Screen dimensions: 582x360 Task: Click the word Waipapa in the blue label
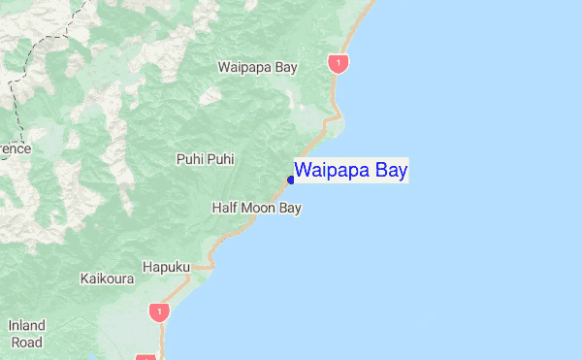[333, 171]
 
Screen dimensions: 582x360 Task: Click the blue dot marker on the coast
[291, 180]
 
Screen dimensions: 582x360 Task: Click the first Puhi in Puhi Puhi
[188, 159]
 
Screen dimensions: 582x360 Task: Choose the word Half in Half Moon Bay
[225, 208]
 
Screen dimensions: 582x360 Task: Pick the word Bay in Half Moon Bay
[290, 208]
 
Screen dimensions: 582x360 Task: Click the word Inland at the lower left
[26, 326]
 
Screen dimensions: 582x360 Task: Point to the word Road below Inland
[26, 343]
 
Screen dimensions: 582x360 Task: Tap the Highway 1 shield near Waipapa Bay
[338, 64]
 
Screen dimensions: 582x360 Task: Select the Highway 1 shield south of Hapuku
[158, 311]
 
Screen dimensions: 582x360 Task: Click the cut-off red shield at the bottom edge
[145, 357]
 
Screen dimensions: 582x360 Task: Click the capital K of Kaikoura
[83, 278]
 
